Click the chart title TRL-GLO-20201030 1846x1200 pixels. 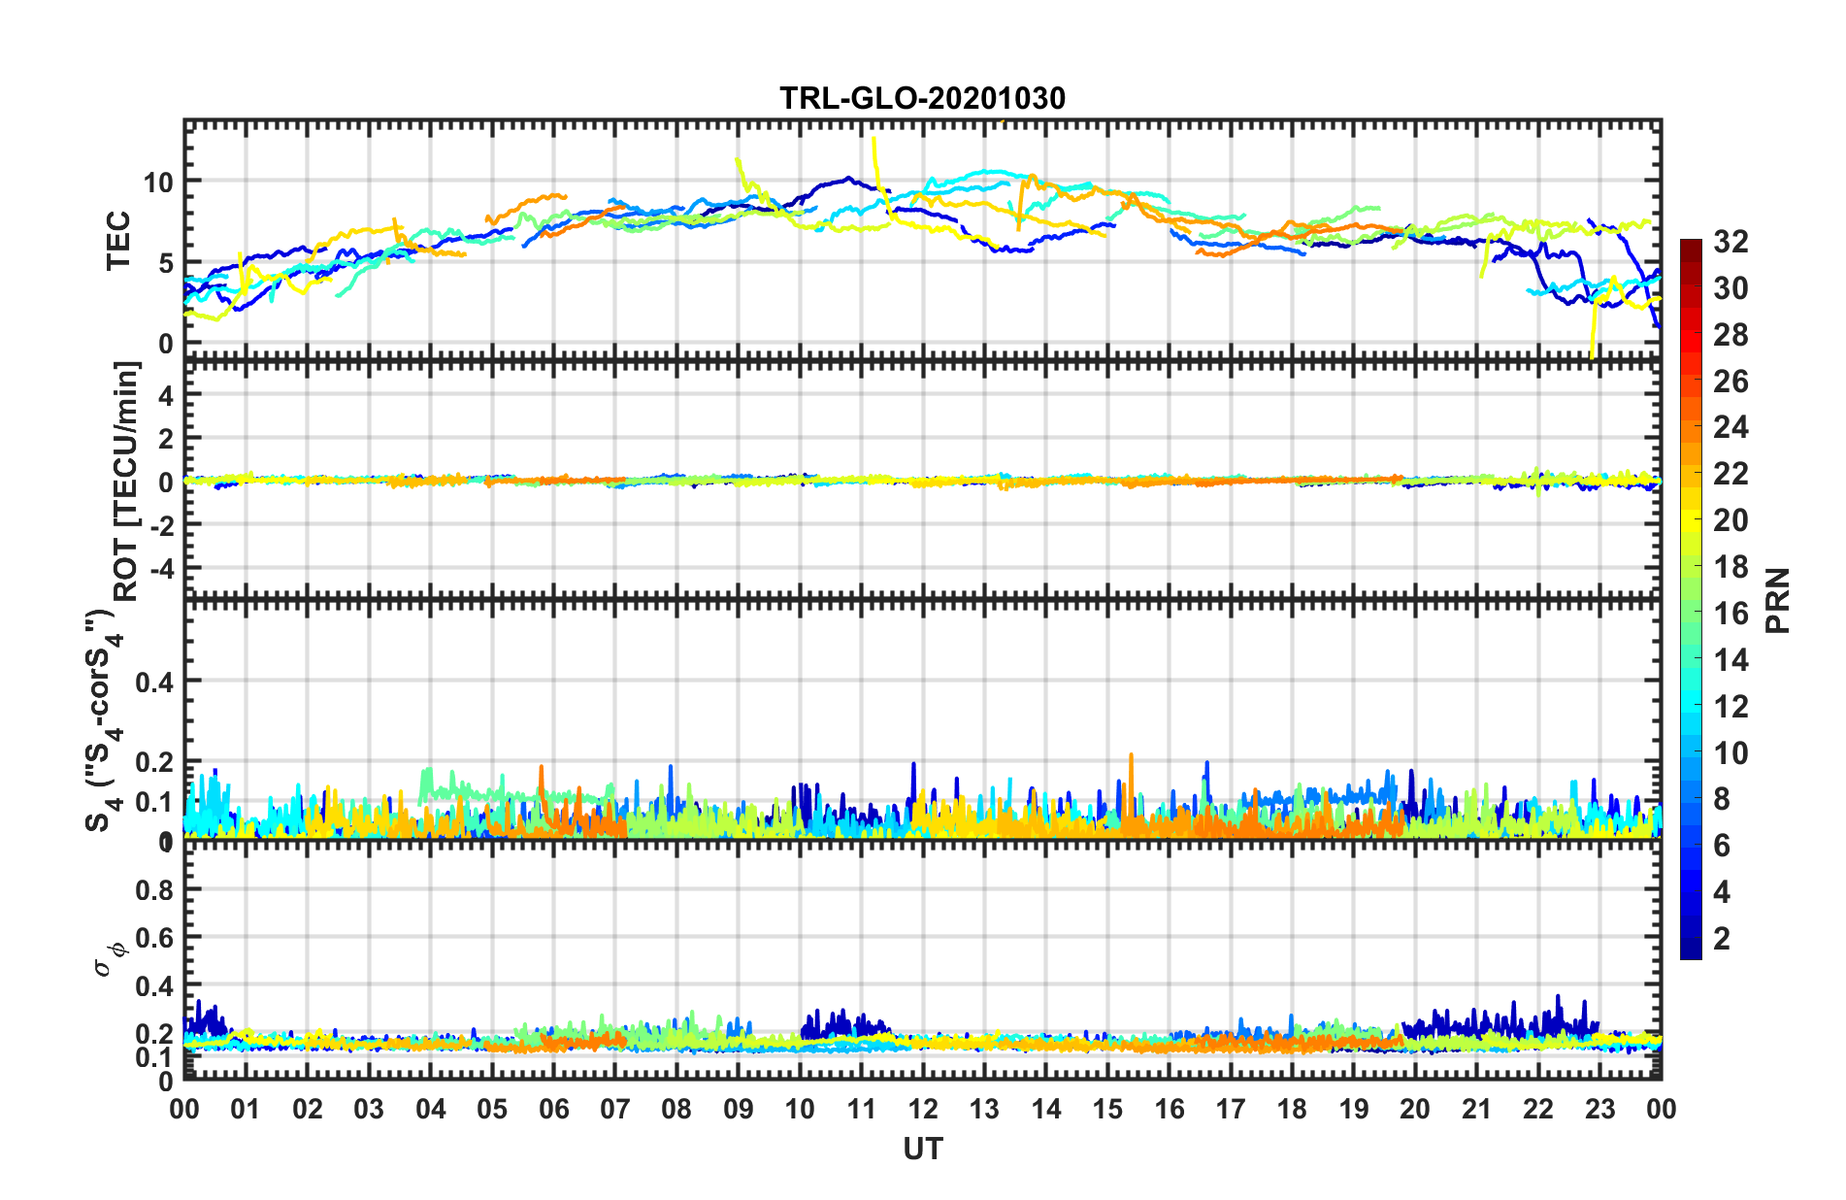tap(922, 98)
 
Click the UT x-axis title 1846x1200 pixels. tap(922, 1150)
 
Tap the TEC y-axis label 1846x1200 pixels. tap(118, 241)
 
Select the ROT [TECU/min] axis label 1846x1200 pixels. tap(126, 481)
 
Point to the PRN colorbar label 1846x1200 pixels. tap(1777, 600)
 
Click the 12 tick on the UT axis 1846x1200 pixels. tap(923, 1109)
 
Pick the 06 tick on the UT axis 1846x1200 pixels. tap(553, 1109)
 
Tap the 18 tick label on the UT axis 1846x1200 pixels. tap(1292, 1109)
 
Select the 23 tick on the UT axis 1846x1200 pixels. tap(1599, 1109)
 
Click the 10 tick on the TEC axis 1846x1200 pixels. tap(158, 182)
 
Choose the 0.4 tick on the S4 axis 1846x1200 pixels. tap(154, 682)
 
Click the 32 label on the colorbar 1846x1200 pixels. tap(1731, 242)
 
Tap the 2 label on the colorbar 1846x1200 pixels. tap(1722, 938)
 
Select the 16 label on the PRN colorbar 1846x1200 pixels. tap(1731, 614)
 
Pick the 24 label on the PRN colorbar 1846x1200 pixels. tap(1731, 427)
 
